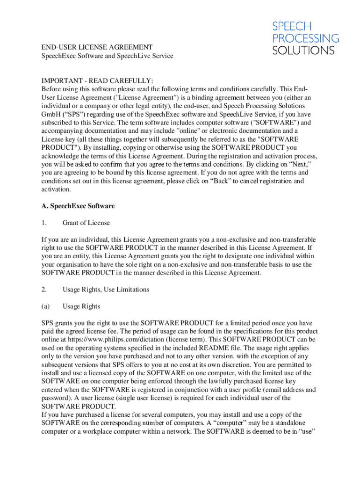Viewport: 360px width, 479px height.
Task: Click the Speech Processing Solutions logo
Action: pos(305,38)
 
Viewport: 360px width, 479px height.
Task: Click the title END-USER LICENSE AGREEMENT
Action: pos(97,47)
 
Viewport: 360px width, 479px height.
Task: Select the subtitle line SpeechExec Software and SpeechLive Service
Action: pos(107,56)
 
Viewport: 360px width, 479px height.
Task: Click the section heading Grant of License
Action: pos(86,223)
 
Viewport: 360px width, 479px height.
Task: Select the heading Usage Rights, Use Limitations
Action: pos(106,290)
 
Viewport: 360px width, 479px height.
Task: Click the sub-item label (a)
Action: pos(45,306)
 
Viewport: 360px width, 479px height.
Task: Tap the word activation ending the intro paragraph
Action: pos(56,189)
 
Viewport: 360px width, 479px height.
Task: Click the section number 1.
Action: pos(43,223)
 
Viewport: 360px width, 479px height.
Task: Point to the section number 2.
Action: pos(43,290)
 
